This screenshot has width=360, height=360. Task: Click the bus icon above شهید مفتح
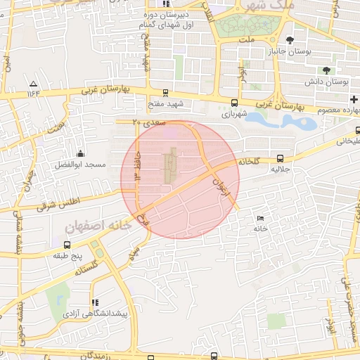165,92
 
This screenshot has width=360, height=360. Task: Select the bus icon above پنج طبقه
67,245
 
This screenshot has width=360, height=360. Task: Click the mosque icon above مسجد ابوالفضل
81,154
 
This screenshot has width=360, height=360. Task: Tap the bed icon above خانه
262,219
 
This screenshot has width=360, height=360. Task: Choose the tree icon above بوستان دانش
326,70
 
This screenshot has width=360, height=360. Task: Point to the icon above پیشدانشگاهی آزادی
95,303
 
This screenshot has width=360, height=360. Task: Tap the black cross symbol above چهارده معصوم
354,101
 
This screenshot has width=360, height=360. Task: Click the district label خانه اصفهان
99,226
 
